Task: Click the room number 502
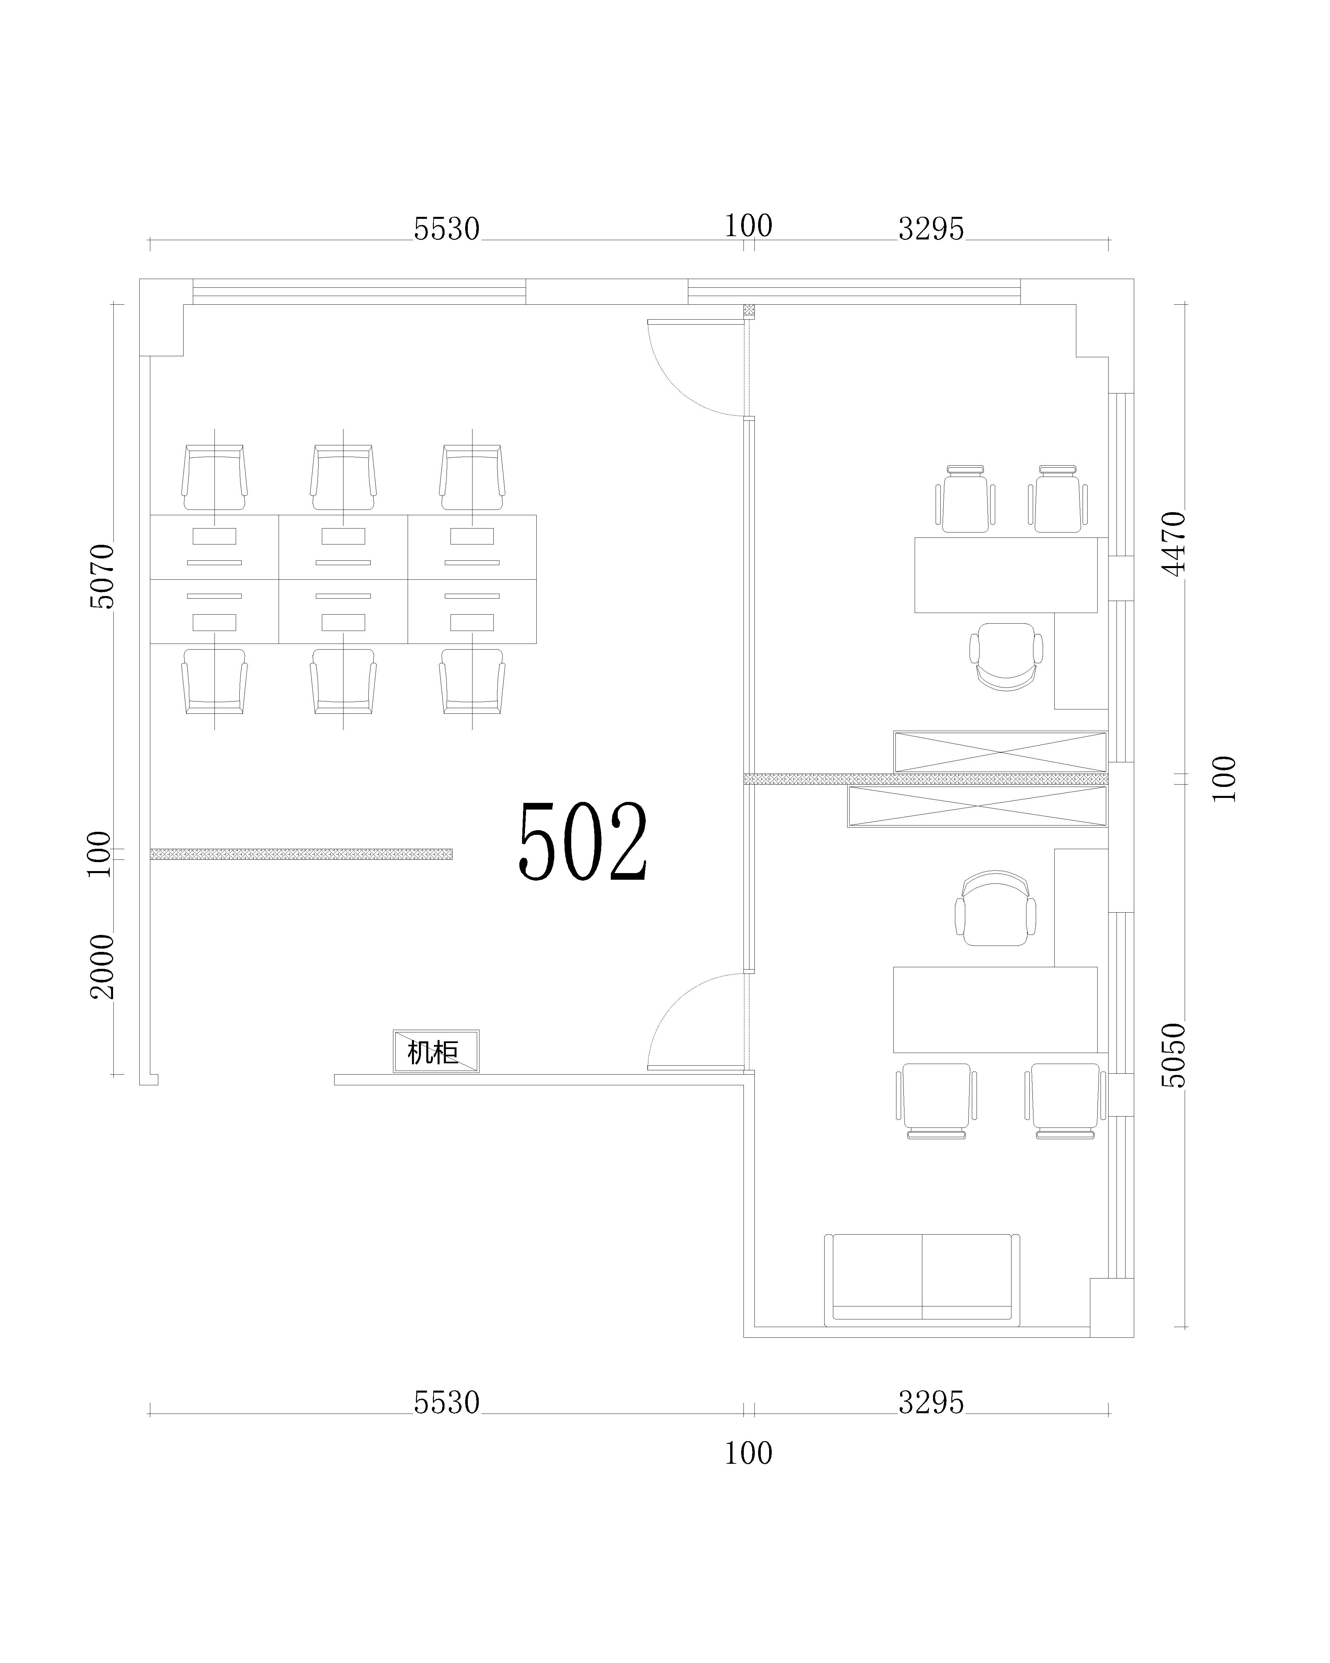583,841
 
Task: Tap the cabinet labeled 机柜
436,1051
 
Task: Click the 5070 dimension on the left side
102,576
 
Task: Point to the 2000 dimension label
102,967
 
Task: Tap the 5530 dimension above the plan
447,229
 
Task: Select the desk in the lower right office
995,1010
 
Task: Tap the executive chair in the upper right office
1006,657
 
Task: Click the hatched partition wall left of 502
301,854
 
